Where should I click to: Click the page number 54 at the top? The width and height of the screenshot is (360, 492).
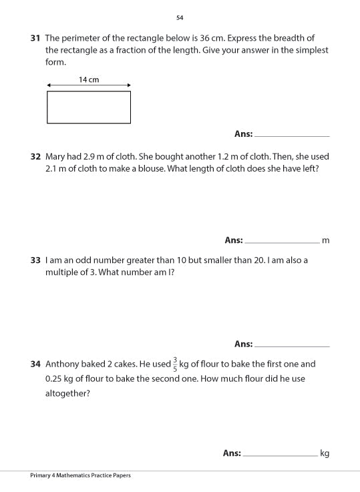point(180,17)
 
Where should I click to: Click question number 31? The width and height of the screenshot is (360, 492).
point(36,38)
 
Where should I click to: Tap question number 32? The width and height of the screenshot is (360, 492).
point(36,156)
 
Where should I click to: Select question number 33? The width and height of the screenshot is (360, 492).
point(36,260)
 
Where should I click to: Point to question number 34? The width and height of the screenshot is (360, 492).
point(36,364)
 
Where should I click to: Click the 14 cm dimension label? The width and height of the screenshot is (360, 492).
point(88,79)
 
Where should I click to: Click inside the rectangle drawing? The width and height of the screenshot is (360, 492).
point(88,107)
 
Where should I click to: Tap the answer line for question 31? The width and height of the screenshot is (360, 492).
point(292,135)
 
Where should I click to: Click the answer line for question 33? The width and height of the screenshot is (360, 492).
point(292,345)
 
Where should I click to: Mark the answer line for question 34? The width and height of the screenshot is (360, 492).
point(281,455)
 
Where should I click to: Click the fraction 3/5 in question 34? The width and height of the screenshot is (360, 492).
point(175,364)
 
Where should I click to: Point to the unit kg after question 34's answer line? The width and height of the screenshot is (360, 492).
point(325,453)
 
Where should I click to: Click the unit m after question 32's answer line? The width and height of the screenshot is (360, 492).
point(326,240)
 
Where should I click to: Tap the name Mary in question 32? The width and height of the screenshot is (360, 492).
point(56,156)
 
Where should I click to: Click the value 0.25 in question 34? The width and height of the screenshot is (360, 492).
point(55,379)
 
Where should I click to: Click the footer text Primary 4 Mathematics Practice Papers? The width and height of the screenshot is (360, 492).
point(80,475)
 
